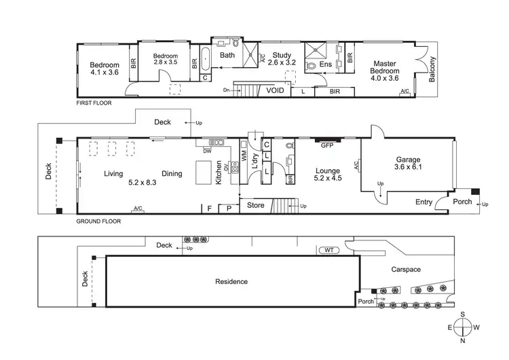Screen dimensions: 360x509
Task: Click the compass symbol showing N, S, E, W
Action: (464, 327)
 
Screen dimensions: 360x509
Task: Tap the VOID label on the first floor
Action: (275, 90)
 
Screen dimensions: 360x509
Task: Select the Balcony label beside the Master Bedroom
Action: (432, 69)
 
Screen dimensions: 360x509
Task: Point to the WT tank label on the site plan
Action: (329, 251)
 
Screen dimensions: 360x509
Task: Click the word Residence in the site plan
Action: (231, 281)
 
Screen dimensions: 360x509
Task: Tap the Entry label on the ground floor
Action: (423, 202)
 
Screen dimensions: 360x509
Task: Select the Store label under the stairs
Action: (255, 204)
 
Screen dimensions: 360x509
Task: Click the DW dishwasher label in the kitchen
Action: (206, 152)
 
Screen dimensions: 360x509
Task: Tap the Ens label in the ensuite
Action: (326, 65)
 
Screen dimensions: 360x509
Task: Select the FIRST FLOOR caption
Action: (94, 103)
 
